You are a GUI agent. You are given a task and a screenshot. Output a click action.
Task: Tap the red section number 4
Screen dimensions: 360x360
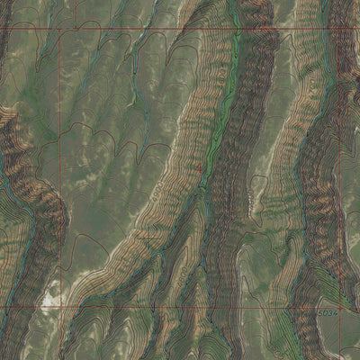pyautogui.click(x=198, y=167)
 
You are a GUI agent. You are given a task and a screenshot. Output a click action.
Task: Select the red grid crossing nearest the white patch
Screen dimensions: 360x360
pyautogui.click(x=62, y=306)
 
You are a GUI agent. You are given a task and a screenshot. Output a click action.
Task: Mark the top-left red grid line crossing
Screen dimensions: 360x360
pyautogui.click(x=62, y=30)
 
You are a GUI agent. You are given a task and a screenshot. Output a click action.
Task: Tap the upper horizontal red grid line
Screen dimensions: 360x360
pyautogui.click(x=180, y=30)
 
